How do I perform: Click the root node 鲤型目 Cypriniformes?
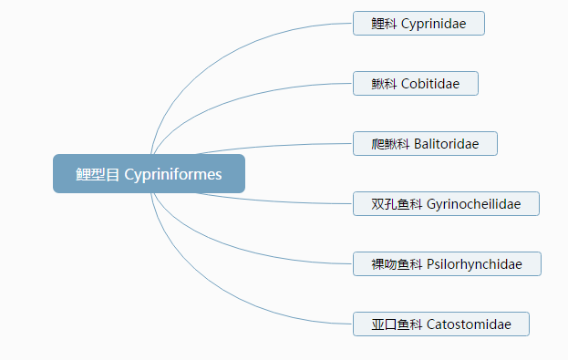click(x=149, y=174)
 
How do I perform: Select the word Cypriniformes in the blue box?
click(x=172, y=174)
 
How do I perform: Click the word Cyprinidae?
click(x=433, y=24)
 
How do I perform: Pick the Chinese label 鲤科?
click(x=384, y=24)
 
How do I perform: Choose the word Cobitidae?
click(x=429, y=84)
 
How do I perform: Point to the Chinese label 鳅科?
click(x=384, y=84)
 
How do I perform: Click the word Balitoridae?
click(x=446, y=144)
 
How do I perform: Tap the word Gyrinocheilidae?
click(x=473, y=204)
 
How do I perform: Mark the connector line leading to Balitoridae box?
click(x=274, y=146)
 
